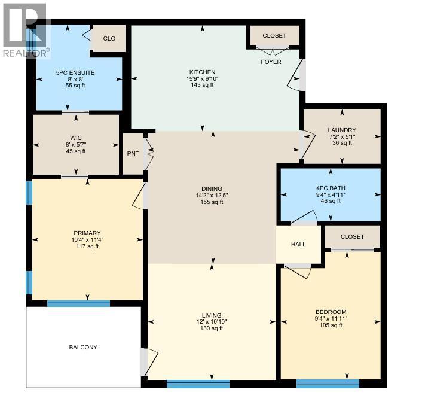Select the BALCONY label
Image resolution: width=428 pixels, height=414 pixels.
point(82,347)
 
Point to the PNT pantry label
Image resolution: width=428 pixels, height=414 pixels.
point(133,154)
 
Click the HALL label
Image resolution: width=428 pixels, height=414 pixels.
point(298,244)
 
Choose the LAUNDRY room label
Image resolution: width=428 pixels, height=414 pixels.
point(342,130)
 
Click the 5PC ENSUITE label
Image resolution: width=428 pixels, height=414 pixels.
point(75,72)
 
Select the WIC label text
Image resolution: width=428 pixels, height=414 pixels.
point(75,138)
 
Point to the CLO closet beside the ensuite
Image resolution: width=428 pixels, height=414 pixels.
point(109,39)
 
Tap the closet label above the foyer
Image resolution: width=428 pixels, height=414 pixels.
point(274,36)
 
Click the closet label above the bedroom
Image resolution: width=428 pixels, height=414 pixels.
point(352,237)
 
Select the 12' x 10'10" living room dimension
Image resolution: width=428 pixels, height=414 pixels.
point(212,322)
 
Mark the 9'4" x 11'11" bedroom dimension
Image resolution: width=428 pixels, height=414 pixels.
point(331,319)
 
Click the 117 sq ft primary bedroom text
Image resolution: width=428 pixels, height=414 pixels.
point(87,247)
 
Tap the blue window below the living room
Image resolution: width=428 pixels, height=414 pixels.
point(198,383)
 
